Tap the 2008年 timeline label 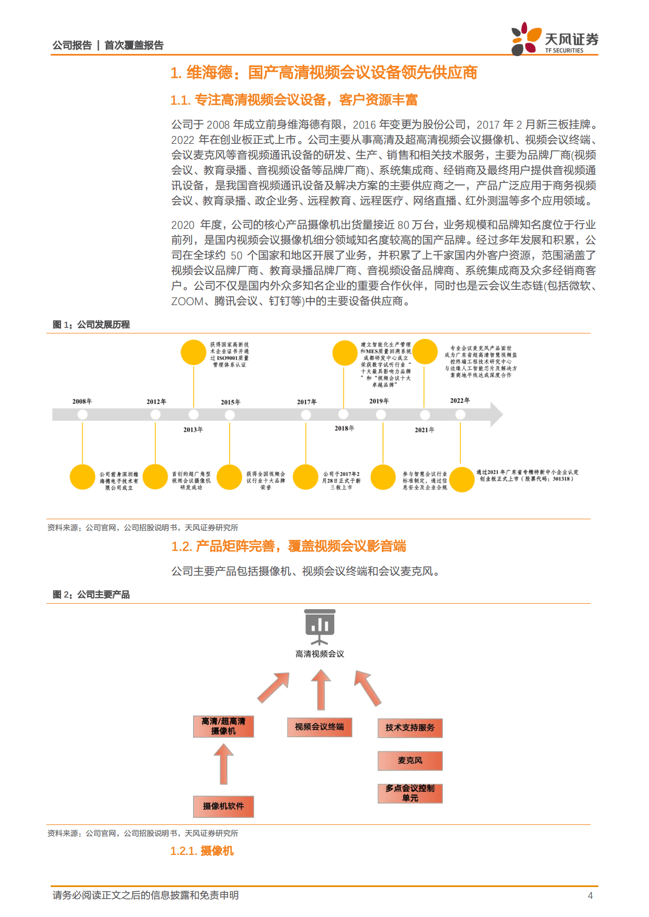click(82, 402)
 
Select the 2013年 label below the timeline click(193, 430)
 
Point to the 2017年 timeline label click(307, 402)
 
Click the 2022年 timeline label click(460, 400)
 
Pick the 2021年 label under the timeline click(424, 430)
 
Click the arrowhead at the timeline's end click(496, 415)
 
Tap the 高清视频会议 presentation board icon click(320, 628)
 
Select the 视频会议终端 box click(320, 727)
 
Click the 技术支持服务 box click(410, 728)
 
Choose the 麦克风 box click(410, 761)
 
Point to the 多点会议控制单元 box click(410, 793)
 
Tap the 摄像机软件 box click(224, 806)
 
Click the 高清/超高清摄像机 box click(224, 726)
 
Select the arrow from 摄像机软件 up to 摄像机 click(224, 764)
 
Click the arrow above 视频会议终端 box click(321, 689)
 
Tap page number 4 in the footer click(590, 895)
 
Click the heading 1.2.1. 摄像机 click(202, 851)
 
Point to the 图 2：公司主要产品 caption click(91, 594)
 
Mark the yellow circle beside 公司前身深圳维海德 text click(82, 477)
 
